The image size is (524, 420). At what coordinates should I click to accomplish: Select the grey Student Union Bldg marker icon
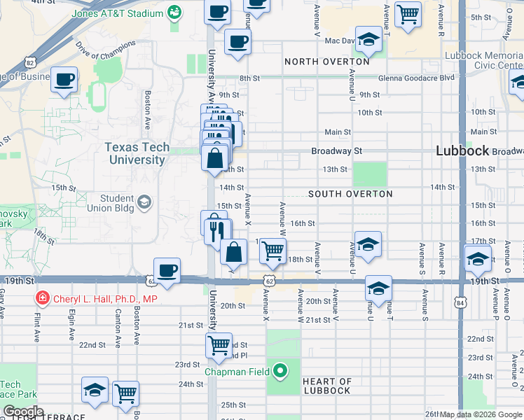coord(144,203)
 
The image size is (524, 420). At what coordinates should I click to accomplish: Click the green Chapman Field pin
coord(280,371)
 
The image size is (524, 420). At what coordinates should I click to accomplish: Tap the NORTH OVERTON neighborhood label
coord(326,62)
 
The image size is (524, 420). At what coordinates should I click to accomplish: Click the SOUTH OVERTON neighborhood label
coord(350,193)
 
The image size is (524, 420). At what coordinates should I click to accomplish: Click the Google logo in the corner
coord(23,412)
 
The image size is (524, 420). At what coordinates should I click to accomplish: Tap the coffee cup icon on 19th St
coord(167,270)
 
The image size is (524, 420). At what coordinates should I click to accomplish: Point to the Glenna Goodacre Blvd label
coord(417,78)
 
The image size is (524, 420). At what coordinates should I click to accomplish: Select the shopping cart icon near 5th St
coord(408,13)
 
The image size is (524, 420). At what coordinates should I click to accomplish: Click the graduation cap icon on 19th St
coord(378,288)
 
